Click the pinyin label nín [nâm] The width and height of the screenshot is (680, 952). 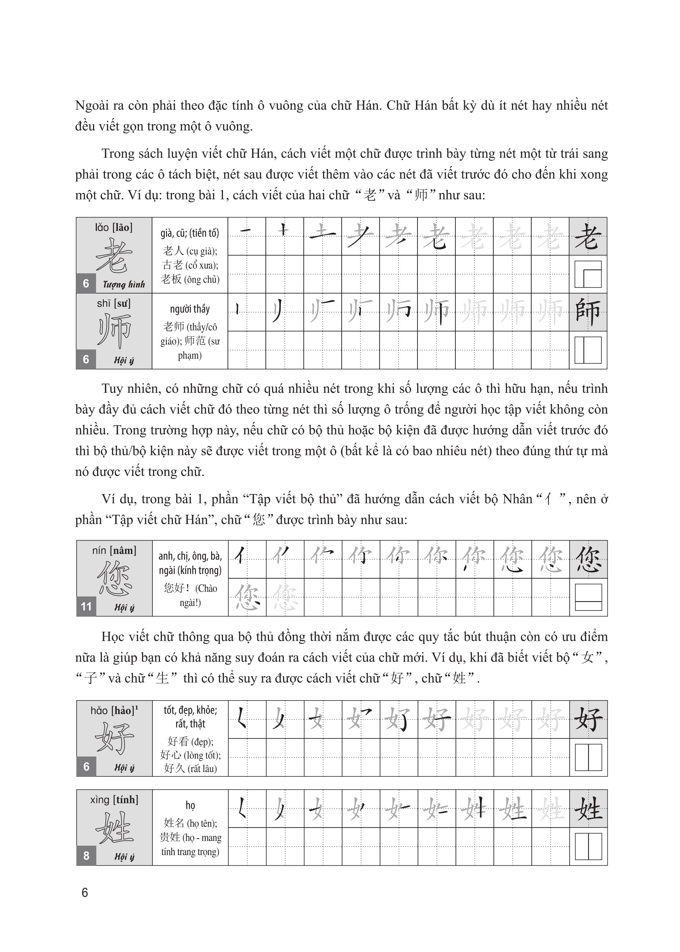click(114, 550)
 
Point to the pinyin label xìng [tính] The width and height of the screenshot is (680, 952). click(114, 799)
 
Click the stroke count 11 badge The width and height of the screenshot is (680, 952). click(86, 606)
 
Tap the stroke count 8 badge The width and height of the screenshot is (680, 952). click(86, 855)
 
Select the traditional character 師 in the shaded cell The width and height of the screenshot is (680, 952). click(588, 312)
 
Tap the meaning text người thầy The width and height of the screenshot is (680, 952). click(190, 309)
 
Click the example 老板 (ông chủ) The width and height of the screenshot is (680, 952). click(190, 279)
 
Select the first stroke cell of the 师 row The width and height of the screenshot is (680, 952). click(247, 312)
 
